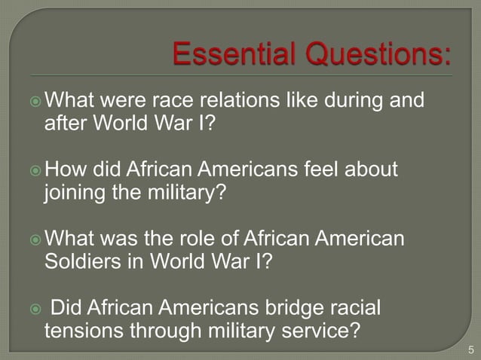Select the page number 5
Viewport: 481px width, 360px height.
(x=471, y=349)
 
